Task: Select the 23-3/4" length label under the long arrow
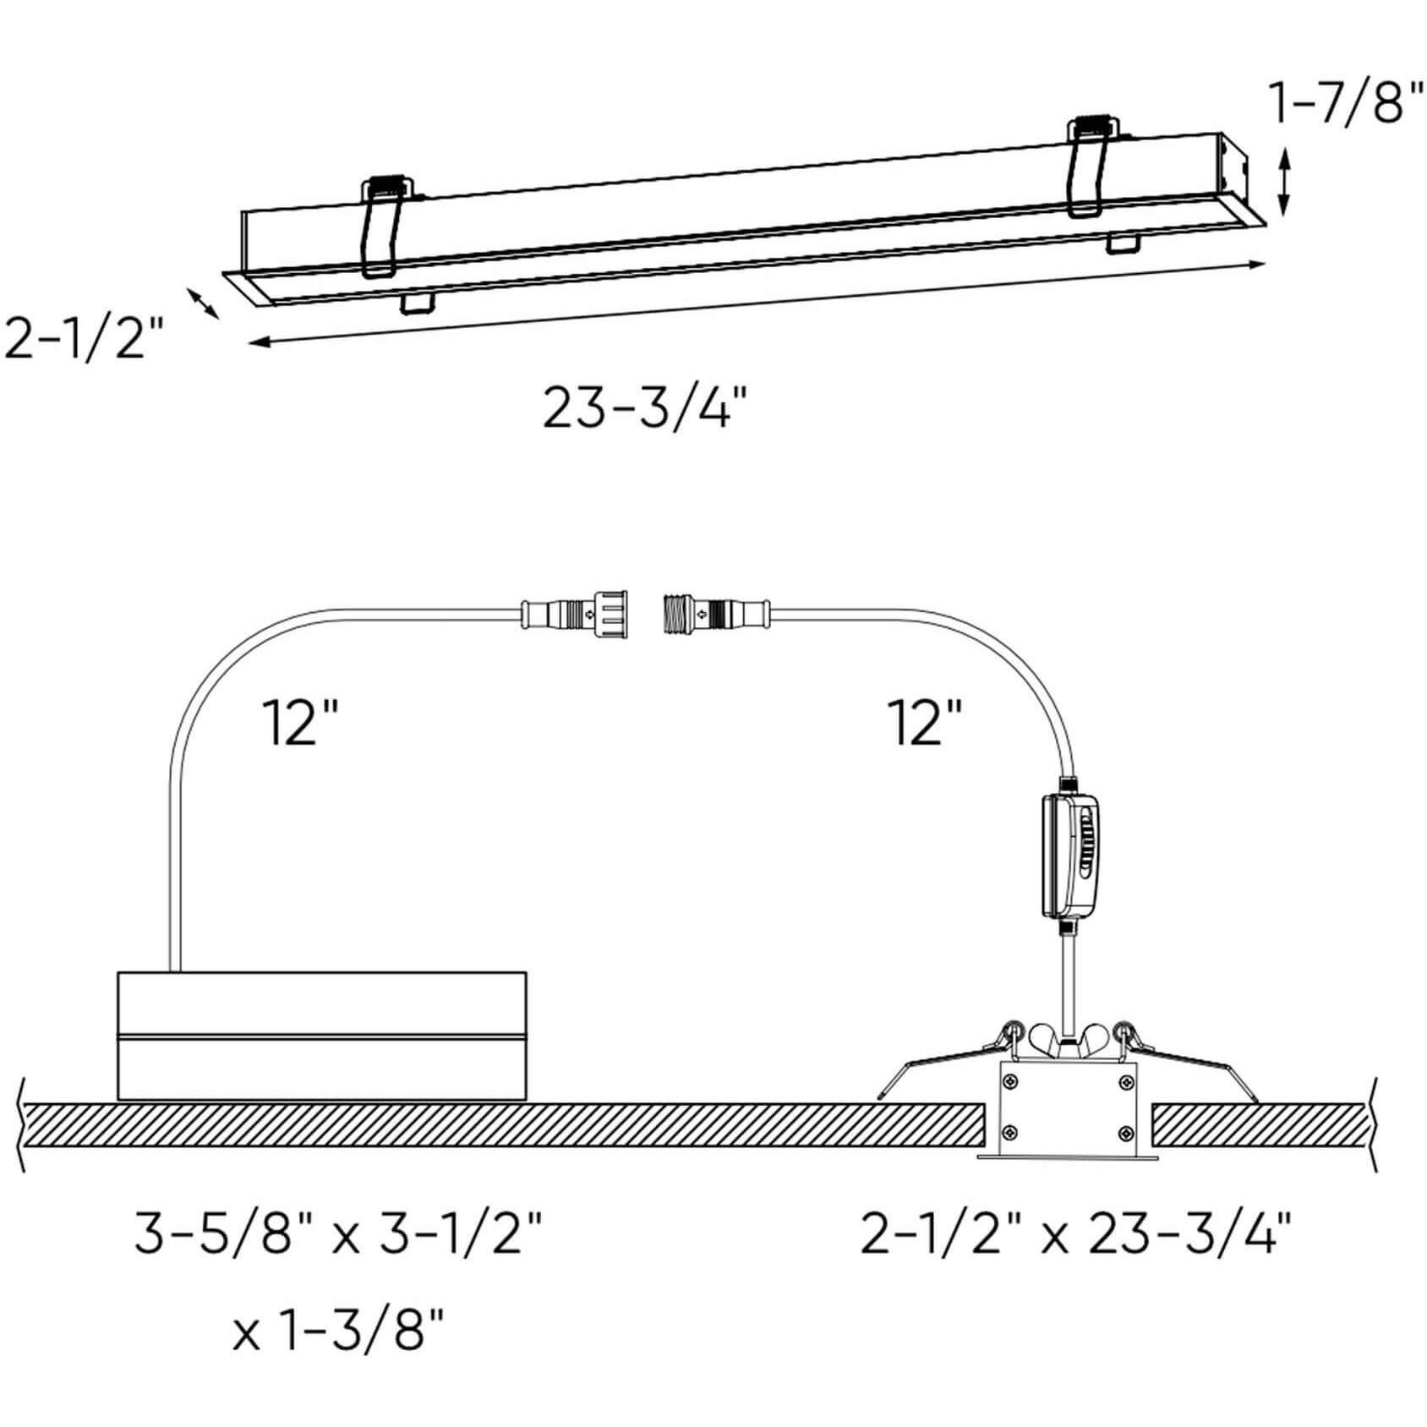click(x=646, y=408)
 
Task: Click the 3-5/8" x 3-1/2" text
click(x=337, y=1235)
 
